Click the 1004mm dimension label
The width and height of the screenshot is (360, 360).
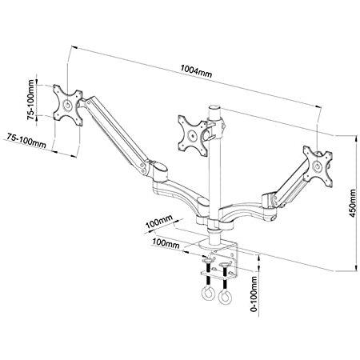coord(196,71)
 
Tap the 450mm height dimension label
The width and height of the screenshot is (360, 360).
coord(353,203)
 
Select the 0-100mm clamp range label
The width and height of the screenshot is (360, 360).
coord(254,294)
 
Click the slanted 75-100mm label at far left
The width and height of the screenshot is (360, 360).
coord(26,140)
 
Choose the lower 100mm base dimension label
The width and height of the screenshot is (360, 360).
coord(166,243)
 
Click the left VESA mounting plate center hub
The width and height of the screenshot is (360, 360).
coord(67,105)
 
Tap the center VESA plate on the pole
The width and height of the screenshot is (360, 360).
coord(193,135)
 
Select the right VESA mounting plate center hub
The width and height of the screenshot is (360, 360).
coord(318,166)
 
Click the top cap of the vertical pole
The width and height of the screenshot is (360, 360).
coord(214,107)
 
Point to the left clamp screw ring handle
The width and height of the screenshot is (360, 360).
coord(207,294)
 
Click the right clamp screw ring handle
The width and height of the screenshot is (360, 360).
coord(225,297)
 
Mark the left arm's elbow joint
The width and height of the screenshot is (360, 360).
coord(158,169)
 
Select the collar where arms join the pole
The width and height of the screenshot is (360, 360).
coord(214,225)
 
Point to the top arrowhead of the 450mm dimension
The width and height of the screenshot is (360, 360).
coord(355,138)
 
